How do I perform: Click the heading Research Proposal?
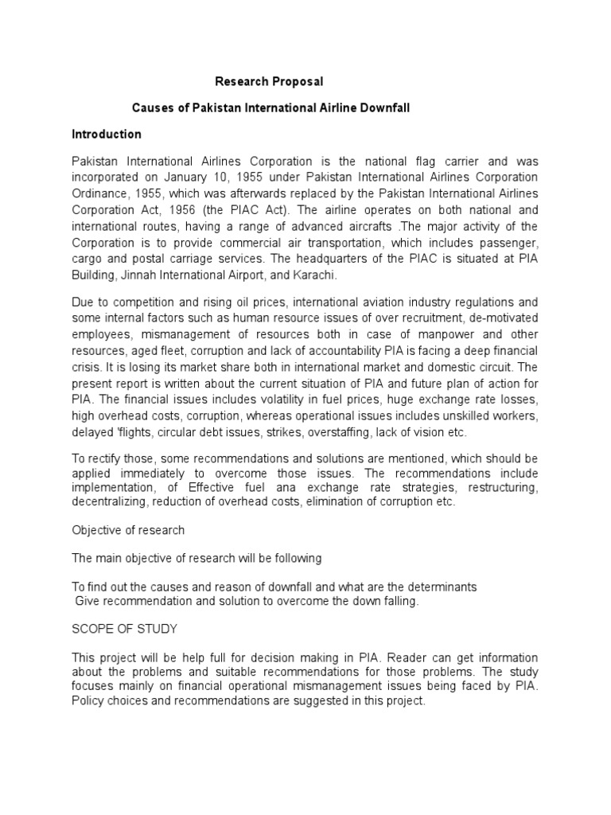(270, 81)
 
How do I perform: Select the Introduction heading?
(107, 134)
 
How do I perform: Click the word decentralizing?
(113, 501)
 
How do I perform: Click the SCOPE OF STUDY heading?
(124, 629)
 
